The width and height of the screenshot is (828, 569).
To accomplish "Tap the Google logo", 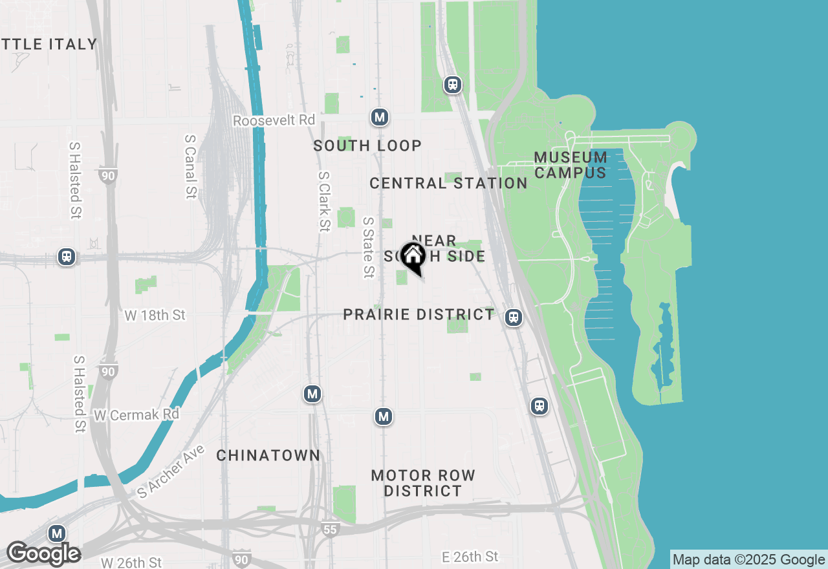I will pos(44,553).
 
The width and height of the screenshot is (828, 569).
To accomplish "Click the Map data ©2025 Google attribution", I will pos(748,560).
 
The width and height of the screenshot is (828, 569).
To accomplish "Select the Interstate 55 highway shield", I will pos(331,530).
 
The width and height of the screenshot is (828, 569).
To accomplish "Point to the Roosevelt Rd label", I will pos(274,121).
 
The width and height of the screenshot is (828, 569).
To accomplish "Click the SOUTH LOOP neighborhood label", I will pos(367,146).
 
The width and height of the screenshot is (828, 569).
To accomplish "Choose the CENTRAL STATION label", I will pos(448,184).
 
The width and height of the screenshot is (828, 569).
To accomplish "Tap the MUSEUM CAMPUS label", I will pos(571,165).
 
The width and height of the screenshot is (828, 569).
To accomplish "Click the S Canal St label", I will pos(190,166).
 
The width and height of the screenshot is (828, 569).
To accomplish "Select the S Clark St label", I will pos(324,201).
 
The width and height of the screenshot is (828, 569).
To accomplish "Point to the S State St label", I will pos(368,247).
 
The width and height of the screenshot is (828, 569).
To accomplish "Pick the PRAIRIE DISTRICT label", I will pos(419,315).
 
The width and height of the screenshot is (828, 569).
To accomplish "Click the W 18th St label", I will pos(155,316).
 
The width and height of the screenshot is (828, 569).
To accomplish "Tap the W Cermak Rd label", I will pos(136,414).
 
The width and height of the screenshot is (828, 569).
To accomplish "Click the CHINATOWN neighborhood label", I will pos(268,456).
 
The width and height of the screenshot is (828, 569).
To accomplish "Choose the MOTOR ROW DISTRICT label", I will pos(423,483).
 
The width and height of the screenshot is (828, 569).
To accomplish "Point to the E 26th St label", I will pos(470,557).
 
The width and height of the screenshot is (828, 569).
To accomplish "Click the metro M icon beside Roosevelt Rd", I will pos(380,117).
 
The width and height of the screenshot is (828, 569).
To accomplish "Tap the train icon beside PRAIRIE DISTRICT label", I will pos(514,317).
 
